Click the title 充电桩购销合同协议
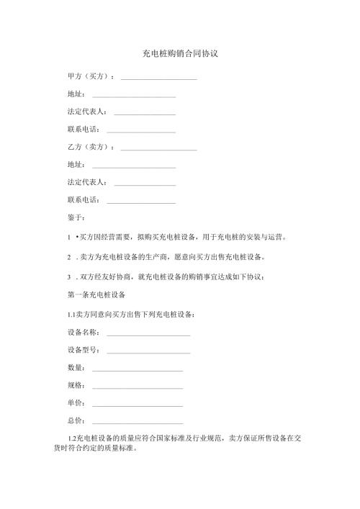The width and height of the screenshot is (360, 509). (180, 54)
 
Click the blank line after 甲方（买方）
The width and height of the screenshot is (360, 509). (159, 78)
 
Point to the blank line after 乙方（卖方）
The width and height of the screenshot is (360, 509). (159, 148)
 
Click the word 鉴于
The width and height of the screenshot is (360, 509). (75, 217)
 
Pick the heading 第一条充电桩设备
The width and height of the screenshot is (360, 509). (96, 295)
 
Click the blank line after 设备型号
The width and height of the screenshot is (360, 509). (148, 351)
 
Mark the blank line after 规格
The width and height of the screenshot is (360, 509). (138, 387)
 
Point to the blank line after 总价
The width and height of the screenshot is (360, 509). (138, 422)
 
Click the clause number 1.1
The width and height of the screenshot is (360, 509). (72, 315)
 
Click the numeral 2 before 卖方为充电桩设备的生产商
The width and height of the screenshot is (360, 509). (68, 256)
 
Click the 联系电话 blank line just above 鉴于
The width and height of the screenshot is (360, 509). (141, 201)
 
